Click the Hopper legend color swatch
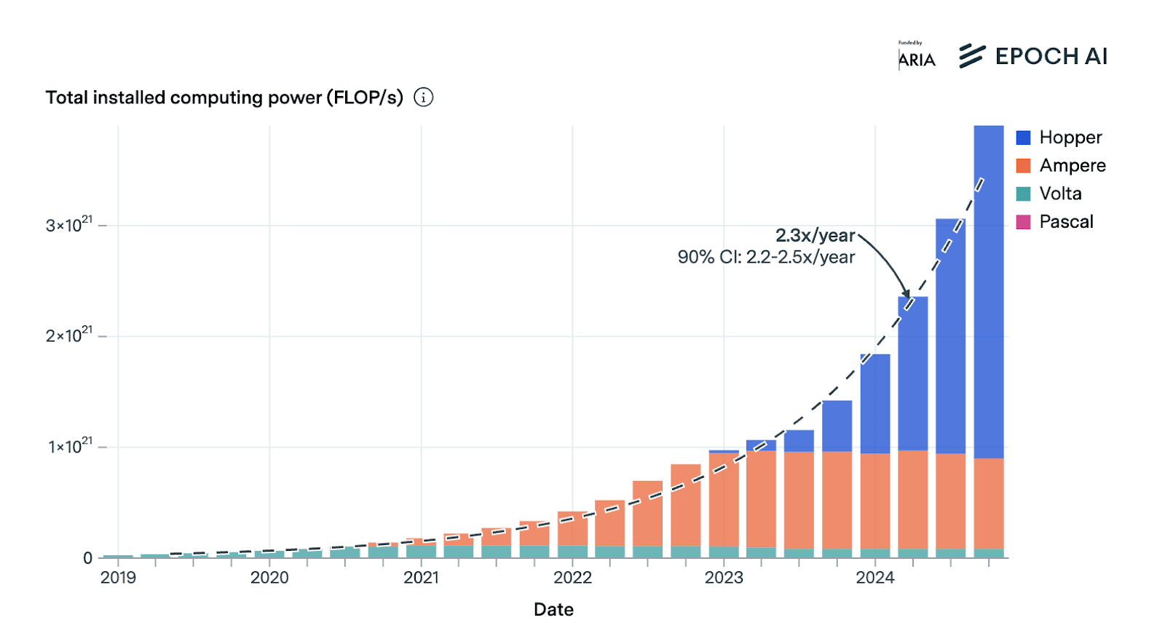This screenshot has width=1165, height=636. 1023,138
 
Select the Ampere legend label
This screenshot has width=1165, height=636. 1073,165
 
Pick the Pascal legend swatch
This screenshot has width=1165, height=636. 1023,222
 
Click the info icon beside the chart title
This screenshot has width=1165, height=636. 423,98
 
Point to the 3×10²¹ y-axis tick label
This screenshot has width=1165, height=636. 68,224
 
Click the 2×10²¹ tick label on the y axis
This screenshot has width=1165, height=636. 68,335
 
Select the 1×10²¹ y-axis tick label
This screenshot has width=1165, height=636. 70,445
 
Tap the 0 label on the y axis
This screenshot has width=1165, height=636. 87,558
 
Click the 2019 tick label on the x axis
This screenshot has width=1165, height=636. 118,577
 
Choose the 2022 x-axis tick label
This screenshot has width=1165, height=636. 572,577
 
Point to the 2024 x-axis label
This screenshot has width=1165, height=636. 874,577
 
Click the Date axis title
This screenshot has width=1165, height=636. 553,609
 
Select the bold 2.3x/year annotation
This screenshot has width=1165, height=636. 815,235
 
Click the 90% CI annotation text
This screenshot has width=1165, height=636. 766,257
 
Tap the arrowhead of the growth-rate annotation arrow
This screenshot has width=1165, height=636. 907,294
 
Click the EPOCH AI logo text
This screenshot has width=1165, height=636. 1051,56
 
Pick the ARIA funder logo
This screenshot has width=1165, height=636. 917,55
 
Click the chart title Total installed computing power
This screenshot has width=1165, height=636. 224,98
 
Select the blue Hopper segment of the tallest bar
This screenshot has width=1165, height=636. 988,292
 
